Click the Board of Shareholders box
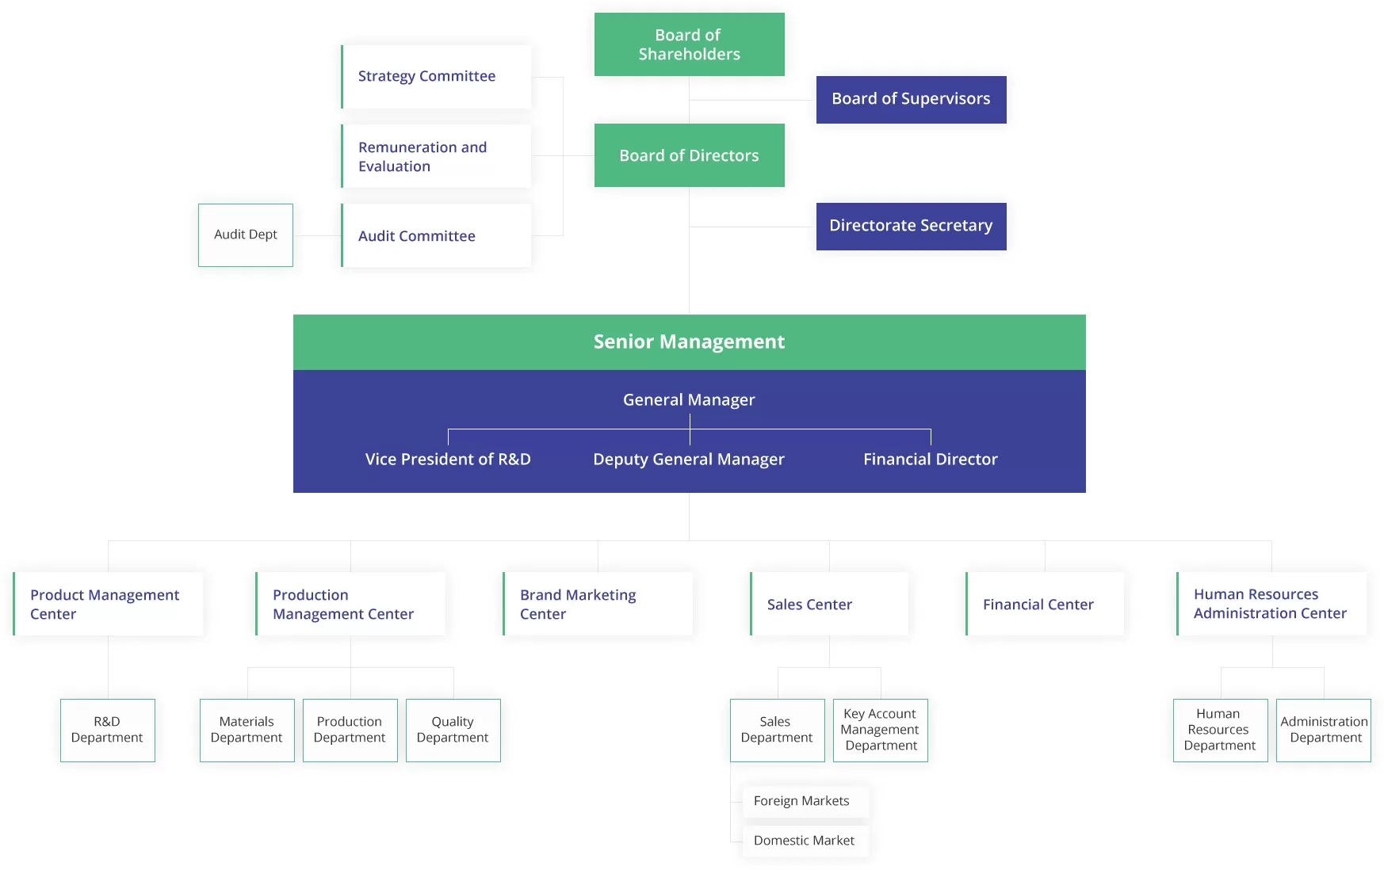pos(689,44)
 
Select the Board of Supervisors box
pos(911,99)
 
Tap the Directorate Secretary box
pos(911,226)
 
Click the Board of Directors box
pos(689,155)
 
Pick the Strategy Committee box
pos(436,76)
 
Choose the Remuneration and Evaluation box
pos(436,156)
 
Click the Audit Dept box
pos(246,235)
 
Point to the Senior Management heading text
pos(689,342)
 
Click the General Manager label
pos(689,400)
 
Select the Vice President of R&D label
pos(448,460)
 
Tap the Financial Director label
pos(930,460)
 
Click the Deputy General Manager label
pos(689,460)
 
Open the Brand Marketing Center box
pos(598,604)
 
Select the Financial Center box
pos(1045,604)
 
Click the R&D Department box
pos(108,730)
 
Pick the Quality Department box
pos(453,730)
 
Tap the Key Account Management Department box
pos(880,730)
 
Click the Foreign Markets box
pos(805,801)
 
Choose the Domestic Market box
pos(805,841)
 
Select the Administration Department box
pos(1323,730)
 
